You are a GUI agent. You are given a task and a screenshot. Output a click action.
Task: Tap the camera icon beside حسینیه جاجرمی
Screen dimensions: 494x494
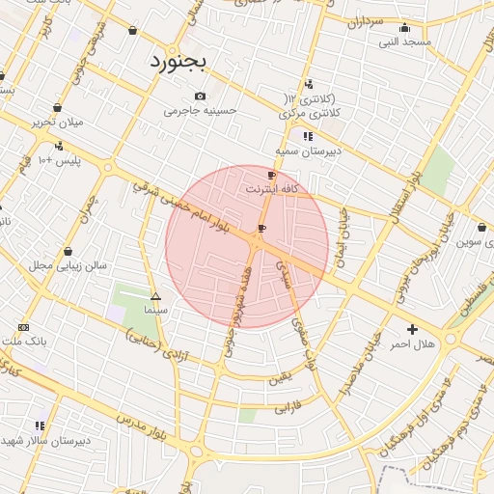[200, 96]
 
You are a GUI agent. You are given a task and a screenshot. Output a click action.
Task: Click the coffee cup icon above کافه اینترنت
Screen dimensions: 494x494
[271, 175]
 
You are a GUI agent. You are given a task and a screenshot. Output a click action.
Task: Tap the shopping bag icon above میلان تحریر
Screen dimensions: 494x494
[57, 108]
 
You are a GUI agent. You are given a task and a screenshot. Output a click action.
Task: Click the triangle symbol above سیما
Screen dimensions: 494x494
[155, 296]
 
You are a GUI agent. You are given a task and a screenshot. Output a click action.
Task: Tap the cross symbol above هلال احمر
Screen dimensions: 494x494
[413, 329]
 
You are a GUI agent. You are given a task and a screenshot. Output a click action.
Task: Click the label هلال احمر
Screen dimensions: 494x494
[412, 343]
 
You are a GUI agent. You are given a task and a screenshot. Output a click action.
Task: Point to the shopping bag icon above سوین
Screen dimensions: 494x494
[481, 227]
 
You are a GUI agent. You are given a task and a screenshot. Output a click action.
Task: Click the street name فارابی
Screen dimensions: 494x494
[288, 407]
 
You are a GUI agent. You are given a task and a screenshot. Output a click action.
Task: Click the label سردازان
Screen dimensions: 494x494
[367, 20]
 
